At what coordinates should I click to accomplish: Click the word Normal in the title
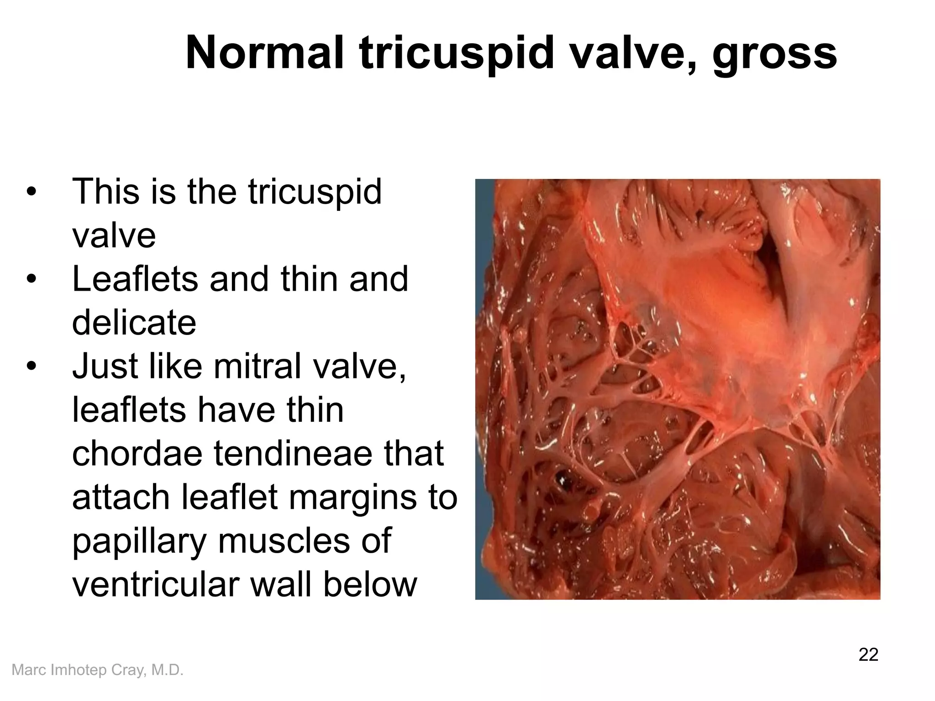(265, 54)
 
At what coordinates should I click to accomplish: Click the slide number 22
(868, 654)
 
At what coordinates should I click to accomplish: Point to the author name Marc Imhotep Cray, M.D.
(97, 670)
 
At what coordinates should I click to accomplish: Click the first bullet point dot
(31, 192)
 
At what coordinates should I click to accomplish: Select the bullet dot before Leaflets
(31, 279)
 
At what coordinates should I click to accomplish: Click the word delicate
(134, 322)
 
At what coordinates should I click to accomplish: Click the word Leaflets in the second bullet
(135, 279)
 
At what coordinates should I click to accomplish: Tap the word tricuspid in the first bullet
(315, 192)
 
